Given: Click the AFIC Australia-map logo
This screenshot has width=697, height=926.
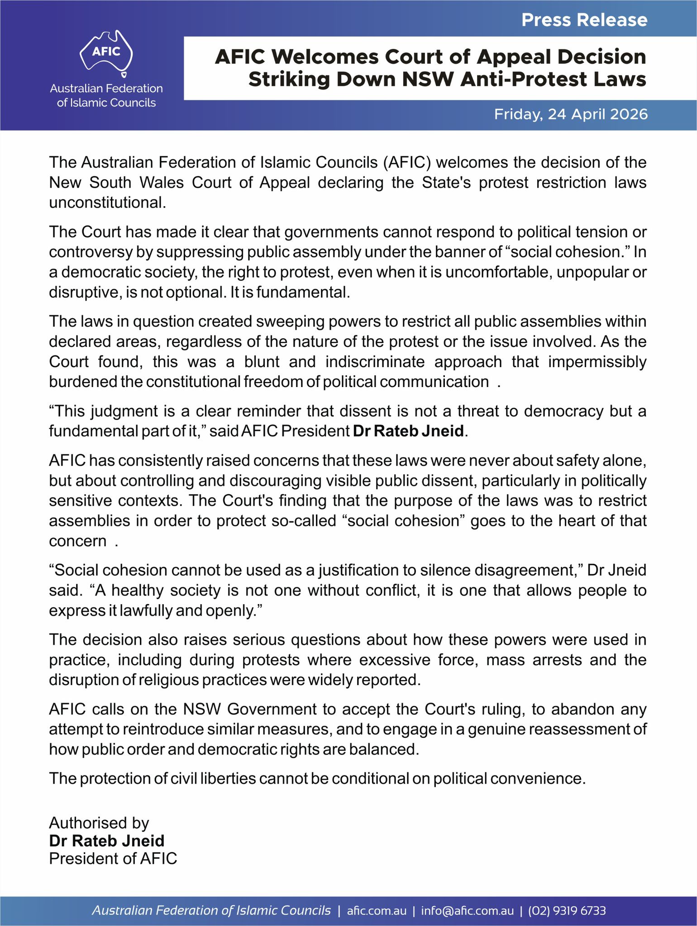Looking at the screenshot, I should click(x=106, y=52).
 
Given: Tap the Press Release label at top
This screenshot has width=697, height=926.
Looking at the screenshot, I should click(x=584, y=20).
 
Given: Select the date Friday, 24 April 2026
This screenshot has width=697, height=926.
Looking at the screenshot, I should click(x=570, y=114).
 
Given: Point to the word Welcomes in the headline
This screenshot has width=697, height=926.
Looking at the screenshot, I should click(x=325, y=57).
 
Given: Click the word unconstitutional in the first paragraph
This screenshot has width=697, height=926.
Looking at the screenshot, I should click(x=107, y=203).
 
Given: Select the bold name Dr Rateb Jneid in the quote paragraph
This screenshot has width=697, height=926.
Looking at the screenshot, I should click(x=408, y=431).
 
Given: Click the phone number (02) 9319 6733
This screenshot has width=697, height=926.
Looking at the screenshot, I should click(x=567, y=911).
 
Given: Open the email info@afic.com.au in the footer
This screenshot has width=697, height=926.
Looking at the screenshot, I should click(x=467, y=911).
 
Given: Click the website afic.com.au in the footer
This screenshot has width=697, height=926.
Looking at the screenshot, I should click(x=377, y=911).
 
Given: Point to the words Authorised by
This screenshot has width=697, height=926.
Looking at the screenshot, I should click(x=99, y=823).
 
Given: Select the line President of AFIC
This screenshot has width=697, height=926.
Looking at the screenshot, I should click(x=113, y=858).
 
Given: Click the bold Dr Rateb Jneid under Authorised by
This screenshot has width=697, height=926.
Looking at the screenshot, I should click(x=106, y=841).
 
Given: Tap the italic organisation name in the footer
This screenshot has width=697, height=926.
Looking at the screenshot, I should click(x=211, y=911).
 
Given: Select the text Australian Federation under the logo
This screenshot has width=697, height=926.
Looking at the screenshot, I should click(x=106, y=88).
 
